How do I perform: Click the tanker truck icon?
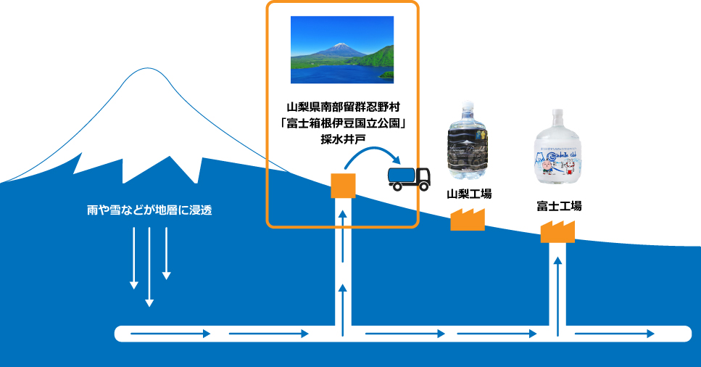(409, 178)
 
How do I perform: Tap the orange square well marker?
(342, 186)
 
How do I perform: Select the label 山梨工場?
(468, 194)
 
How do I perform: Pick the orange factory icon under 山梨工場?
(467, 219)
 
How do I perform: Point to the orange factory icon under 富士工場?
(557, 231)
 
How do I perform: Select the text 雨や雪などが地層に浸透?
(149, 211)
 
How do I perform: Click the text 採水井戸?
(341, 139)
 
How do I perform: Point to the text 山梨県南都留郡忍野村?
(341, 107)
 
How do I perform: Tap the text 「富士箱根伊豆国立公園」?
(341, 123)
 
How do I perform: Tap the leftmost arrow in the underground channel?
(170, 334)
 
